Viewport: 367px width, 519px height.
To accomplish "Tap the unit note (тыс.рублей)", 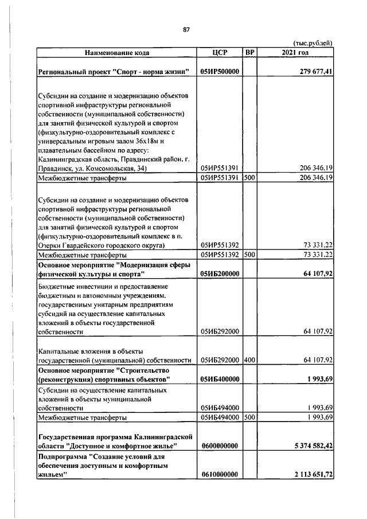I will pyautogui.click(x=313, y=44).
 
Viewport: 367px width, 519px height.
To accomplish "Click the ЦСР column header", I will pyautogui.click(x=220, y=53).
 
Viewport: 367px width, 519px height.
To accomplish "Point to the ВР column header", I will pyautogui.click(x=249, y=53).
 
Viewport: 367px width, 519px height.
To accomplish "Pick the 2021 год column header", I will pyautogui.click(x=295, y=53).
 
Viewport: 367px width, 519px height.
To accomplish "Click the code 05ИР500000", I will pyautogui.click(x=220, y=72).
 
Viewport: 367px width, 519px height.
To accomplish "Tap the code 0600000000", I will pyautogui.click(x=220, y=445).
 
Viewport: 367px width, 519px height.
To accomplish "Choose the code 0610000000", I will pyautogui.click(x=220, y=474).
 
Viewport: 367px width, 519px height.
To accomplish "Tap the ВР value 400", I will pyautogui.click(x=249, y=360).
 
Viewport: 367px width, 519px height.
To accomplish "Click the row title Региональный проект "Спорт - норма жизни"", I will pyautogui.click(x=114, y=72).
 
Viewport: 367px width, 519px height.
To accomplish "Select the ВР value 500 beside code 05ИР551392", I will pyautogui.click(x=249, y=255).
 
